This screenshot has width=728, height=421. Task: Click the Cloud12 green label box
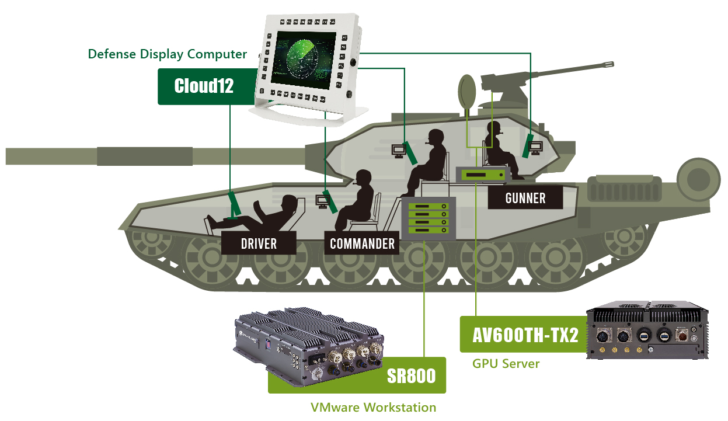[x=204, y=86]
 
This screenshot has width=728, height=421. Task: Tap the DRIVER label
[x=259, y=243]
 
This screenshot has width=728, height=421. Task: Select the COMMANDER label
[x=362, y=243]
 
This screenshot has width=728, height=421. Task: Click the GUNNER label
[x=525, y=198]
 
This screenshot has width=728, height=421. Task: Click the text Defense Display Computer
[x=168, y=54]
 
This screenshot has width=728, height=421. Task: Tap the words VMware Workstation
[x=373, y=407]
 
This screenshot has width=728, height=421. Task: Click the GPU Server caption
[x=506, y=364]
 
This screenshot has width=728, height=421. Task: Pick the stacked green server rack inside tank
[x=429, y=219]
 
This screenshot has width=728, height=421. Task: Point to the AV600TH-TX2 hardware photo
[x=647, y=332]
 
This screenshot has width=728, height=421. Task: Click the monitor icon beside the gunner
[x=535, y=147]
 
